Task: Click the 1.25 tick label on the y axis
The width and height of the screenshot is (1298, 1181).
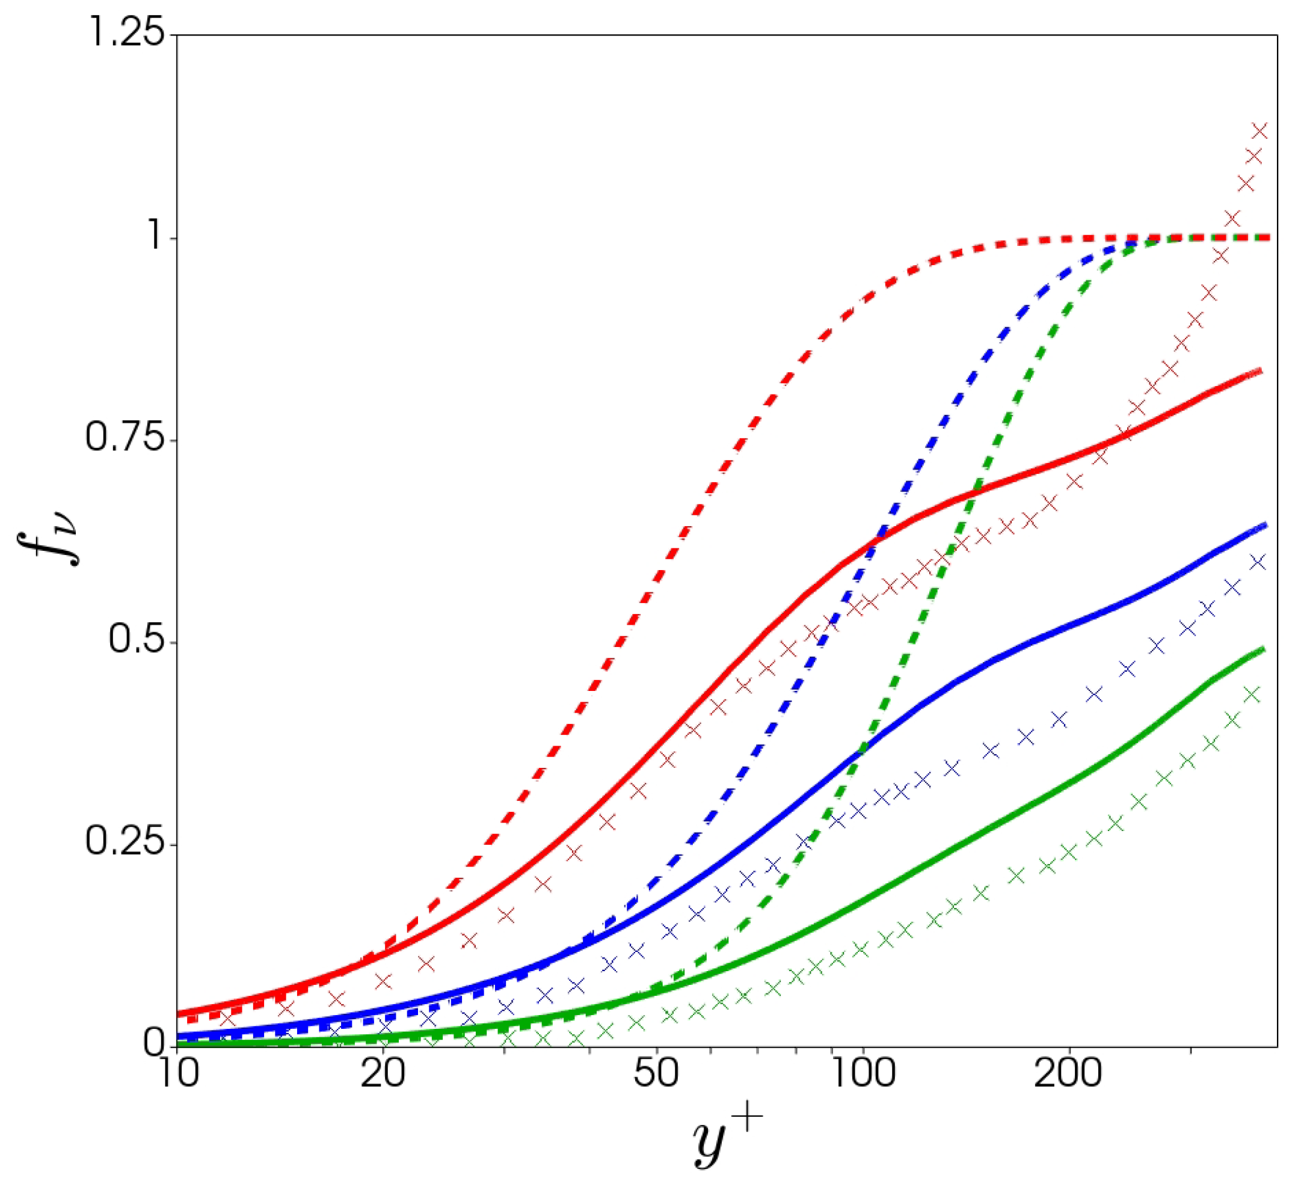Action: click(x=125, y=34)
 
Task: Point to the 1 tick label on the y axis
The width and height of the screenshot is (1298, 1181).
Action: click(x=155, y=238)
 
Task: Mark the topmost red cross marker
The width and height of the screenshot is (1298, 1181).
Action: click(x=1260, y=131)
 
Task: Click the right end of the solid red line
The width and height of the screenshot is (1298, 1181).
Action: click(x=1261, y=370)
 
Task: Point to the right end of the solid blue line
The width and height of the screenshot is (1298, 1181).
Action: click(x=1264, y=525)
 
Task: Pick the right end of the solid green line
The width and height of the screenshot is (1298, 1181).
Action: click(x=1263, y=649)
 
